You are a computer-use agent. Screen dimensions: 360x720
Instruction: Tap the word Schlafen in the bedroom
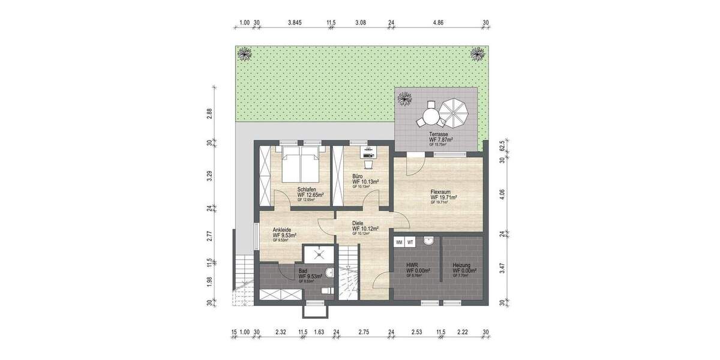coord(307,190)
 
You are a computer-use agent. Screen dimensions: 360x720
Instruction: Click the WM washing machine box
coord(399,242)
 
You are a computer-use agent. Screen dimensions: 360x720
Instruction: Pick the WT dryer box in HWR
coord(410,242)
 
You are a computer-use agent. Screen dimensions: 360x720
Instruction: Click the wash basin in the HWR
coord(428,241)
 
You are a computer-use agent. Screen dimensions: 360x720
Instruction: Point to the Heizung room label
coord(462,265)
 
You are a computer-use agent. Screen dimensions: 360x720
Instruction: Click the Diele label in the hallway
coord(358,223)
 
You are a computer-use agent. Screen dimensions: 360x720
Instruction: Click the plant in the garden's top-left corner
coord(245,54)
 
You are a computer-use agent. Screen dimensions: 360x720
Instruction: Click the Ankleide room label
coord(283,230)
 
